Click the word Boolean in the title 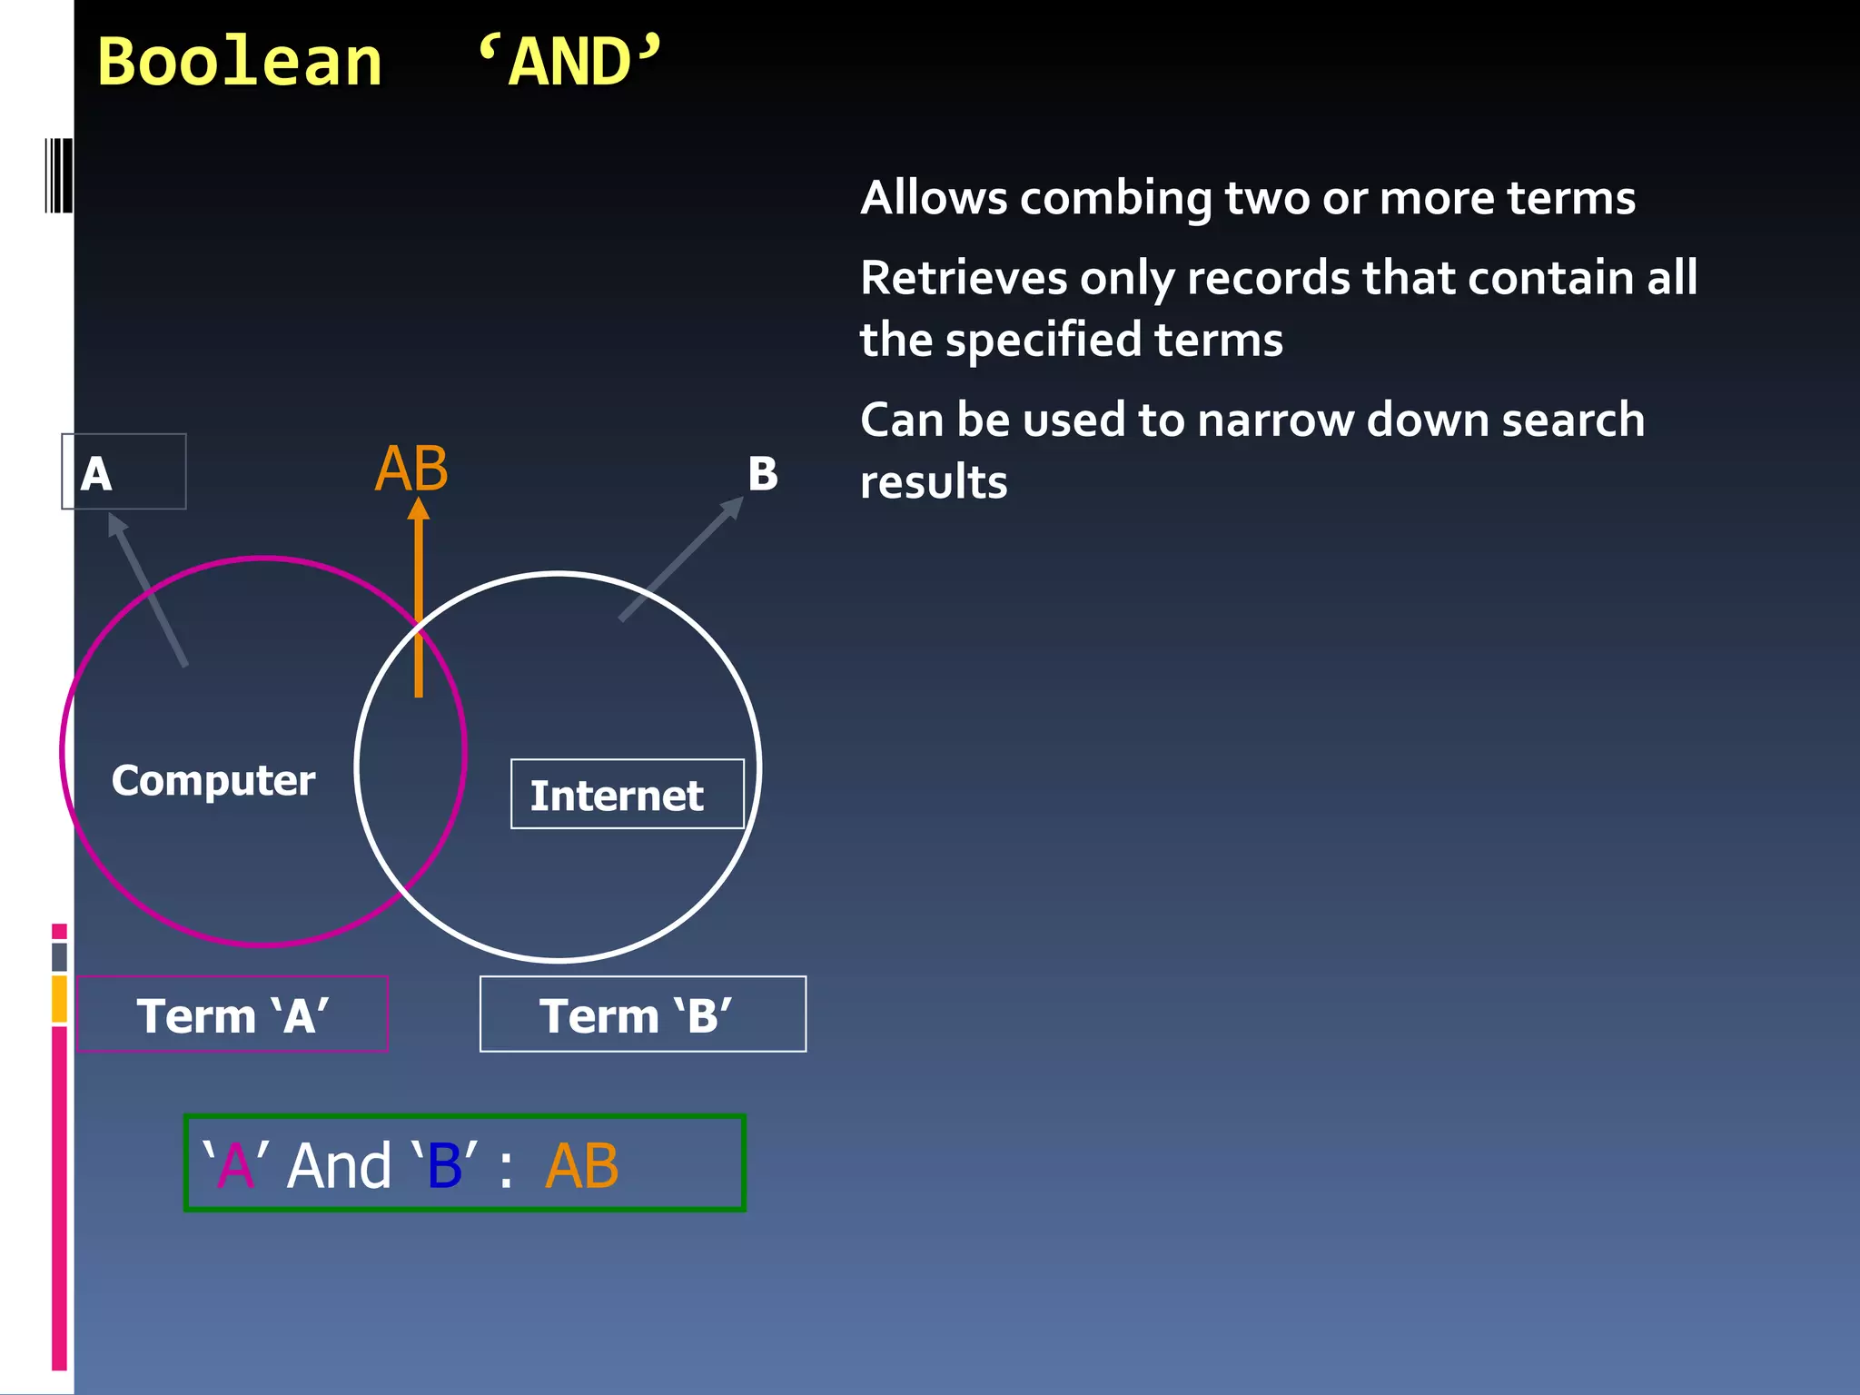point(239,64)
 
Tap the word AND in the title point(570,64)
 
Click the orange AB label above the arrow point(411,470)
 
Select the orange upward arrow point(419,599)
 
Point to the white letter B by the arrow point(763,474)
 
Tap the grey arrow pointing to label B point(681,559)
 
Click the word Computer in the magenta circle point(213,781)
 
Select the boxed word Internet point(618,796)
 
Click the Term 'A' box point(232,1014)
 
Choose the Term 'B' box point(642,1014)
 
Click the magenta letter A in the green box point(236,1166)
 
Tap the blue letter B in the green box point(445,1166)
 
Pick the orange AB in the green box point(582,1166)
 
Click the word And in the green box point(340,1166)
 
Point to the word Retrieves point(963,278)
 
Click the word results point(934,482)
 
